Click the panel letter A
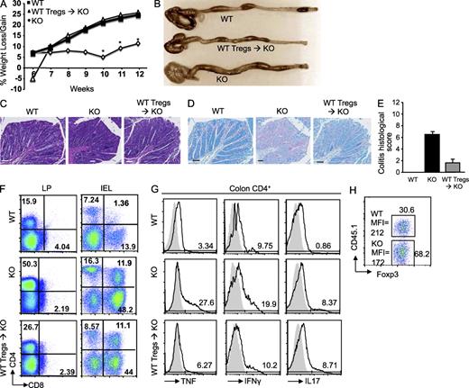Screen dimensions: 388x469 pyautogui.click(x=5, y=6)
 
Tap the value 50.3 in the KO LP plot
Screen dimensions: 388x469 pyautogui.click(x=27, y=262)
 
